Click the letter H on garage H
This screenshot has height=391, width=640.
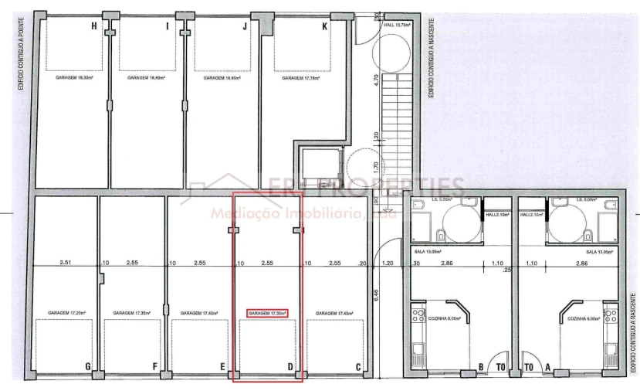94,26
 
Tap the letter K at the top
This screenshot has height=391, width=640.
324,26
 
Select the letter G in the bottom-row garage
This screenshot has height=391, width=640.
89,366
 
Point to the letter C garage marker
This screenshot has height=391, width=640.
357,366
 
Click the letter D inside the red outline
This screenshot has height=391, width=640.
290,366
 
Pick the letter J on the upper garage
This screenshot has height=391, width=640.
244,26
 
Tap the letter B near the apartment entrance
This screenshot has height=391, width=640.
482,367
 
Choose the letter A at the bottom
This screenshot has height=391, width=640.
548,367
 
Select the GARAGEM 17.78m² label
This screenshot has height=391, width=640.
301,78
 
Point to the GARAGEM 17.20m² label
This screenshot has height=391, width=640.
66,313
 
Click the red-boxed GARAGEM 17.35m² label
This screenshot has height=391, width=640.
267,313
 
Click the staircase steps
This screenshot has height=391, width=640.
392,116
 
